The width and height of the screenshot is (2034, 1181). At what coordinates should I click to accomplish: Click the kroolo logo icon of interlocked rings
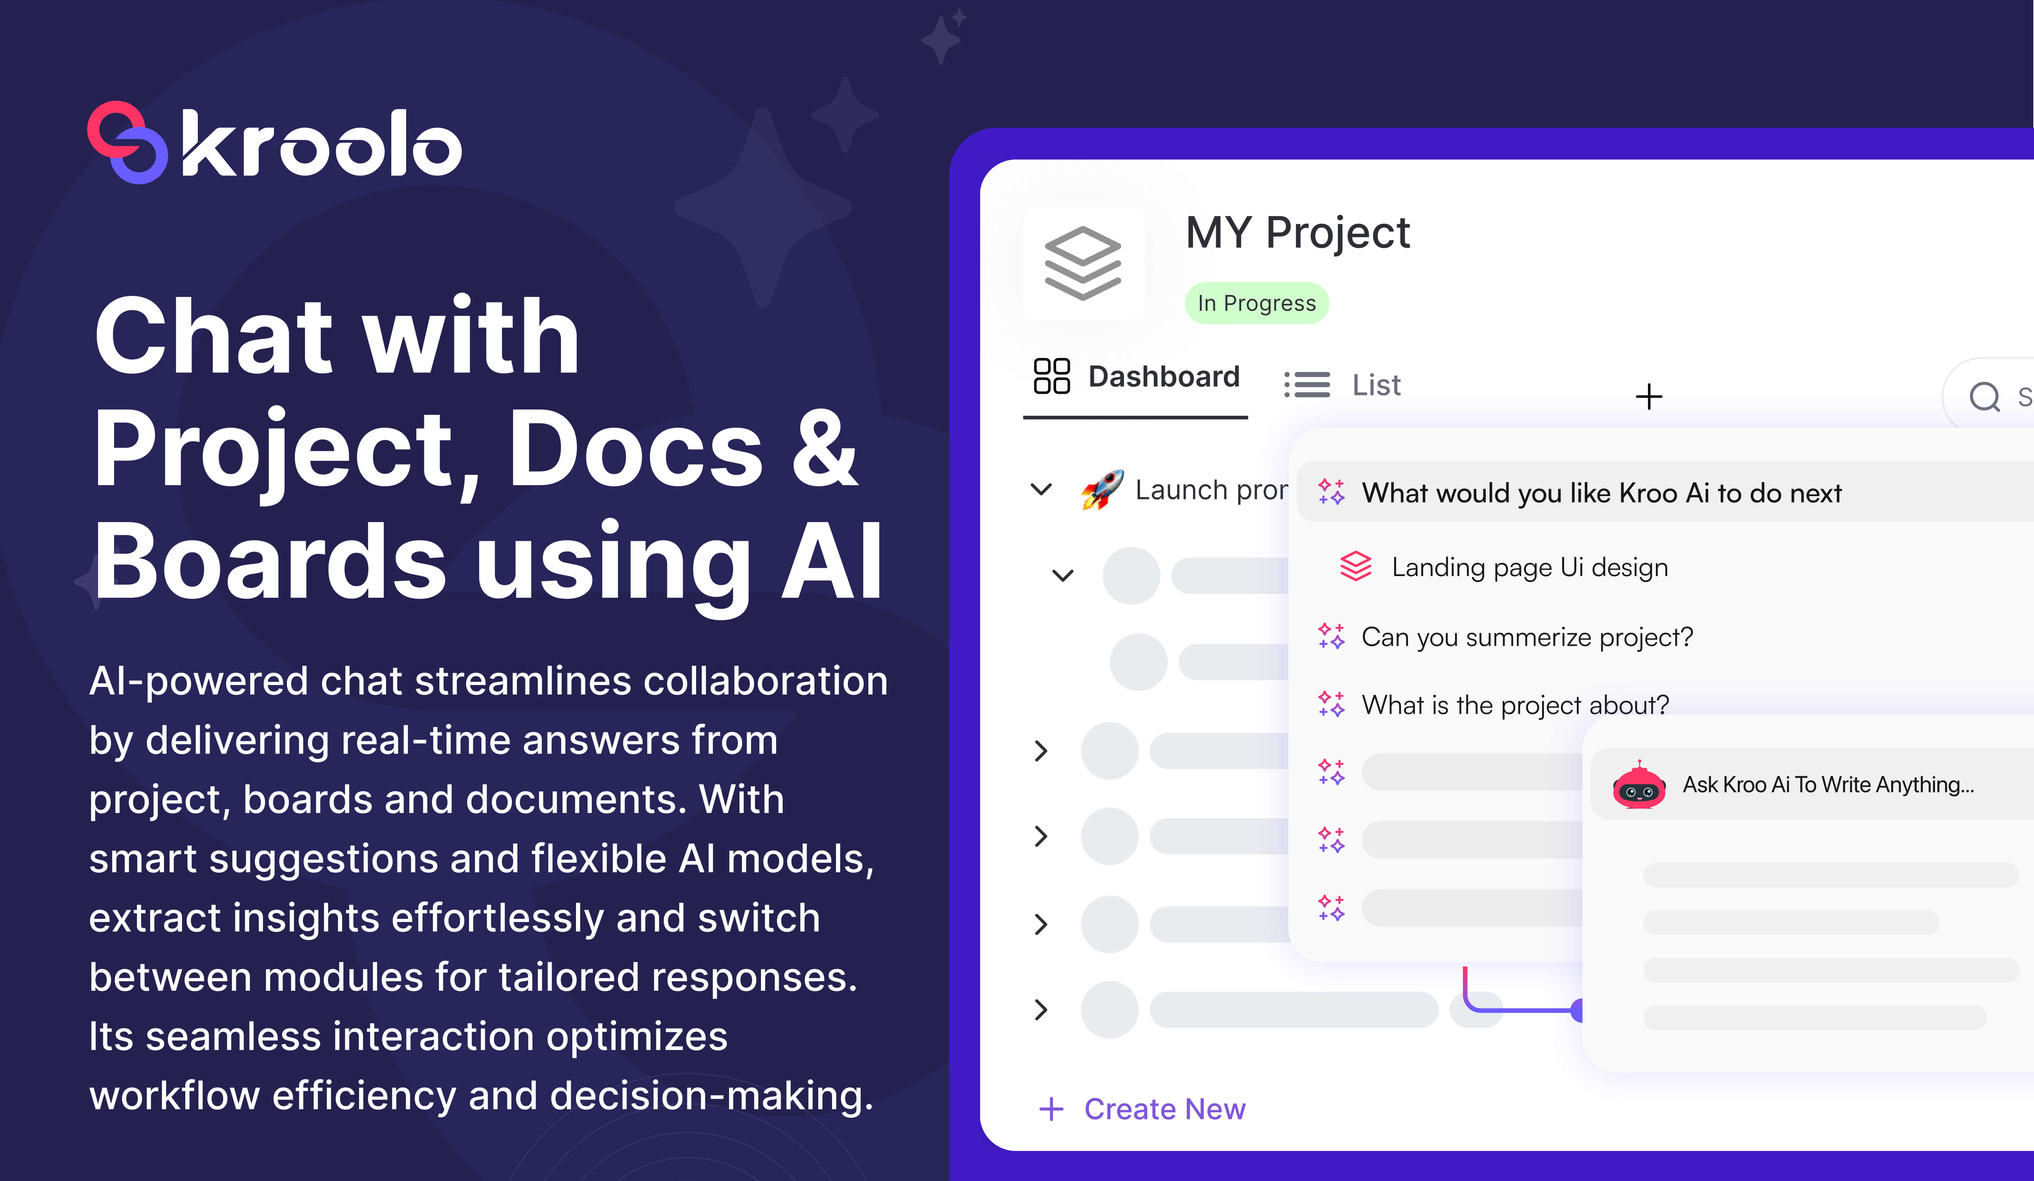point(127,142)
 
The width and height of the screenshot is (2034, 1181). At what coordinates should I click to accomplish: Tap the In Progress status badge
point(1257,303)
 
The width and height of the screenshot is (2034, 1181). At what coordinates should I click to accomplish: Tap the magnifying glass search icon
point(1984,396)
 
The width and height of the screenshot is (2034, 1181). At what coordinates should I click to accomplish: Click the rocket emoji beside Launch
point(1103,489)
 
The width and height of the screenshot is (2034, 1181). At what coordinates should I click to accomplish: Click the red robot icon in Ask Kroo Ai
point(1638,785)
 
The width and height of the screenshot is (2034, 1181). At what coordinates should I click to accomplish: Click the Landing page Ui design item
point(1529,567)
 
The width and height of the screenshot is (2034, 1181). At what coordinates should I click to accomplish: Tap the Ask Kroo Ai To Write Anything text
point(1828,785)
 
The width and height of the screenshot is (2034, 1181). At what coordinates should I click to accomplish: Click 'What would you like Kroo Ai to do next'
point(1602,493)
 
